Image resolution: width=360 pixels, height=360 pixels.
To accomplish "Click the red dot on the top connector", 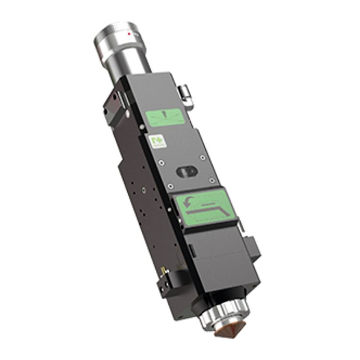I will pyautogui.click(x=129, y=34).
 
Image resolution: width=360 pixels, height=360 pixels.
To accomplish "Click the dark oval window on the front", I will pyautogui.click(x=186, y=171).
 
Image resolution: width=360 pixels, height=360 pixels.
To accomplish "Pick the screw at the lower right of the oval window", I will pyautogui.click(x=211, y=180).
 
